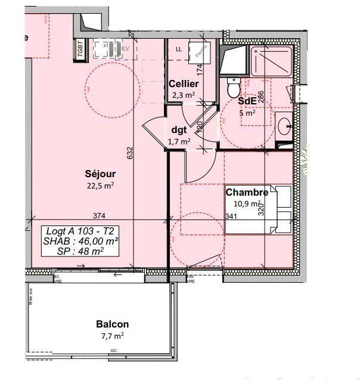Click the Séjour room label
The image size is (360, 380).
pos(100,174)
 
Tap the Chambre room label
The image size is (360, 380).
pos(246,192)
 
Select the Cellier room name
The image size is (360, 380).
pos(183,84)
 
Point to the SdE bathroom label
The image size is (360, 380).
pos(247,101)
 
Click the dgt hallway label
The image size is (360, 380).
pos(179,129)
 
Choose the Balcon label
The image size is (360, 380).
pos(113,325)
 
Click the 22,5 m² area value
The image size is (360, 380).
pos(100,185)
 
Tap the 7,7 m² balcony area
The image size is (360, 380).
pos(113,336)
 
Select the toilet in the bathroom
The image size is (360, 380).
pos(234,88)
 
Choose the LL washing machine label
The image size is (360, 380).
pos(179,49)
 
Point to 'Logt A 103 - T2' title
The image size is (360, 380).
pos(80,231)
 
